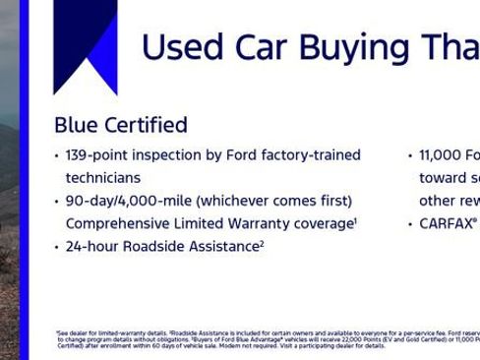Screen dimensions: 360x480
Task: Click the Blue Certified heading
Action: tap(120, 125)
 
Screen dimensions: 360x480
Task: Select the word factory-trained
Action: tap(312, 155)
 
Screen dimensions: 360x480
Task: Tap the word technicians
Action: tap(102, 178)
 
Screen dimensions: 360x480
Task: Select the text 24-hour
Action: tap(92, 247)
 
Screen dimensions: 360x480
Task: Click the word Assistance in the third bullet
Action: tap(226, 247)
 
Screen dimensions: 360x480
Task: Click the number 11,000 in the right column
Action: tap(440, 155)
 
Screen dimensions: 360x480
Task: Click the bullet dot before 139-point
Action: tap(56, 156)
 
